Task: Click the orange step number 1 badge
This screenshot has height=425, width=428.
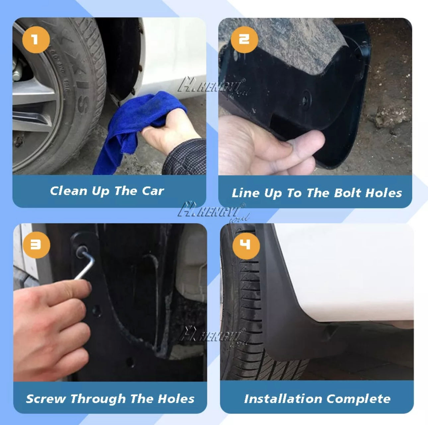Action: (36, 40)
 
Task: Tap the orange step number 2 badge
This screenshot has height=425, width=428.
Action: (244, 40)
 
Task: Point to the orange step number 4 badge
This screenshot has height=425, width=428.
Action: (245, 245)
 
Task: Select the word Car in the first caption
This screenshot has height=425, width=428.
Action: (153, 191)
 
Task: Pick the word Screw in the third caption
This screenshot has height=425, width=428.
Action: (45, 398)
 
